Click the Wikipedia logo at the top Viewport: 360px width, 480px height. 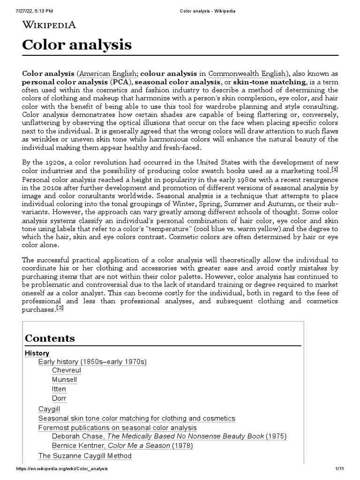[49, 25]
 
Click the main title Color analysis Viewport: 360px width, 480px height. [77, 45]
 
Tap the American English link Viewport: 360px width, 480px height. [107, 74]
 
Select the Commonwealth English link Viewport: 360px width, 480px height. [247, 74]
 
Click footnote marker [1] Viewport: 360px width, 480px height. [335, 169]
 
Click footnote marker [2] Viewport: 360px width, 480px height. [60, 308]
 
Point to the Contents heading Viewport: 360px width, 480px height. [50, 338]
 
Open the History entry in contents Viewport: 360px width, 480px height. [37, 353]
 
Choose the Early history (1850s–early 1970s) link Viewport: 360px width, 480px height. [92, 362]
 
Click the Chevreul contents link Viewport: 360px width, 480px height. [67, 370]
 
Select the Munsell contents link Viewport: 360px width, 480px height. [65, 380]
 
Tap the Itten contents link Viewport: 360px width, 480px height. [59, 389]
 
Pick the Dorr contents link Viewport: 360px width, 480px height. [59, 398]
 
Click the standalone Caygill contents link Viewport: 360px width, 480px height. [49, 409]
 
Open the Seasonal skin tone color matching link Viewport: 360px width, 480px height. [136, 418]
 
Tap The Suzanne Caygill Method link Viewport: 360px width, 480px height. [85, 456]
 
